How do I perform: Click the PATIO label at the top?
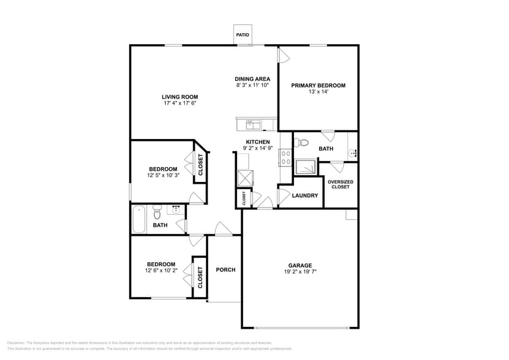(243, 35)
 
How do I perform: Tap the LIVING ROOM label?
(179, 97)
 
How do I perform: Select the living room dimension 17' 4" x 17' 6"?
(179, 103)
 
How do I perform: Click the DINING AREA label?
(252, 79)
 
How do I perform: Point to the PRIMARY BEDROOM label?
(318, 85)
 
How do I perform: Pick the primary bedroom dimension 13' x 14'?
(318, 92)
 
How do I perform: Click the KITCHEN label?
(258, 142)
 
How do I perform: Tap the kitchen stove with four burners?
(285, 158)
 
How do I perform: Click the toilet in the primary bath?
(300, 143)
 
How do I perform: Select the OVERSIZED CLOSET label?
(340, 184)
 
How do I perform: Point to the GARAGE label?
(300, 265)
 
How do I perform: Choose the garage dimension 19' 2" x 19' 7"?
(300, 272)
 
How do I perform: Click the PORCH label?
(225, 269)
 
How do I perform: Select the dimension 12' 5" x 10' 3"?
(163, 176)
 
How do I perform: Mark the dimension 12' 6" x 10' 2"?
(161, 271)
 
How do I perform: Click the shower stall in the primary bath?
(306, 167)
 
